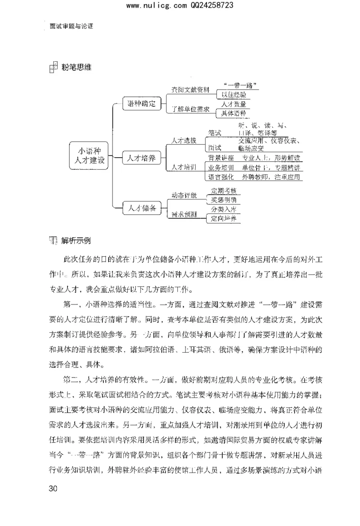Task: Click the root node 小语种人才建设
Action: click(90, 156)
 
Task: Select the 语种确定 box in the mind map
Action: click(142, 104)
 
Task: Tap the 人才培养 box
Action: click(142, 159)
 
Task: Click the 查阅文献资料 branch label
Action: click(188, 90)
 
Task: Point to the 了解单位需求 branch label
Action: click(188, 109)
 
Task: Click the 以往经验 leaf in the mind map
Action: click(234, 94)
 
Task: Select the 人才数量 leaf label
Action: click(234, 104)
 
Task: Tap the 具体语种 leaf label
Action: click(234, 114)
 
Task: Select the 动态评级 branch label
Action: click(184, 195)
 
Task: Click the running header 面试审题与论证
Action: click(71, 26)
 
